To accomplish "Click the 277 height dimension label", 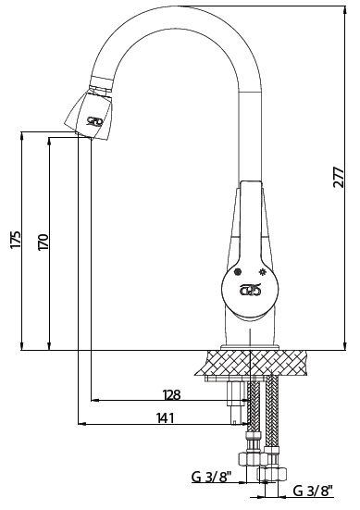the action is [339, 178].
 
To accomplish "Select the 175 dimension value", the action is [16, 240].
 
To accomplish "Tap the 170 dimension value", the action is [43, 242].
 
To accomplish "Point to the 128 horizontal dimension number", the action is [171, 395].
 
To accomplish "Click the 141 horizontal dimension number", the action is [166, 418].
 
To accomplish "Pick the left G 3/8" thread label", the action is [211, 478].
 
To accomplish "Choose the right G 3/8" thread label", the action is [314, 491].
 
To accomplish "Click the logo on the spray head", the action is [94, 121].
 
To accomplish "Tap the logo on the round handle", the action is [250, 289].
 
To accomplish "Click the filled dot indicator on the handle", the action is [239, 271].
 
